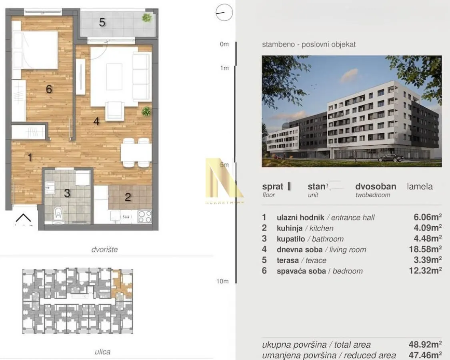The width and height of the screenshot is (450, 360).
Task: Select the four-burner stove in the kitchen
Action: pyautogui.click(x=144, y=216)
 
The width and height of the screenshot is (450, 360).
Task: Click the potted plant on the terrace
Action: pyautogui.click(x=147, y=18)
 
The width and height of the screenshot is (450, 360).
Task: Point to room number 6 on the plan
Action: pyautogui.click(x=49, y=89)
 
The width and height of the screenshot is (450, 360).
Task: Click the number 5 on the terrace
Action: pyautogui.click(x=102, y=23)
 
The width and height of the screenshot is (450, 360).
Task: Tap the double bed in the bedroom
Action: pyautogui.click(x=36, y=50)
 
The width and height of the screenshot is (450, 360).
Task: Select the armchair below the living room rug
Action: pyautogui.click(x=115, y=111)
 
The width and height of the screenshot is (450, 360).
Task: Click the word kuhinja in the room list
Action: pyautogui.click(x=289, y=228)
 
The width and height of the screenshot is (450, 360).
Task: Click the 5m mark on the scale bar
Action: pyautogui.click(x=224, y=164)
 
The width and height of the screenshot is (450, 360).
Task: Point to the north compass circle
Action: pyautogui.click(x=224, y=12)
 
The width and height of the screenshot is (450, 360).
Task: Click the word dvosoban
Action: pyautogui.click(x=376, y=186)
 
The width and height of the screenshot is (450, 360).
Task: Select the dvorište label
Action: pyautogui.click(x=104, y=250)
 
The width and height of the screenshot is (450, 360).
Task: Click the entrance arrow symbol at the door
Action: pyautogui.click(x=23, y=218)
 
